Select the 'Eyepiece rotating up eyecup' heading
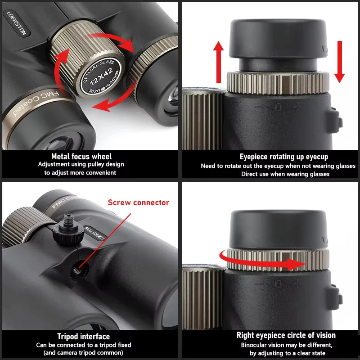click(277, 157)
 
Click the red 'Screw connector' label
click(139, 202)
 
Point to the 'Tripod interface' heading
click(83, 336)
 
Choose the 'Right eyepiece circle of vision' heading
click(286, 335)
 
